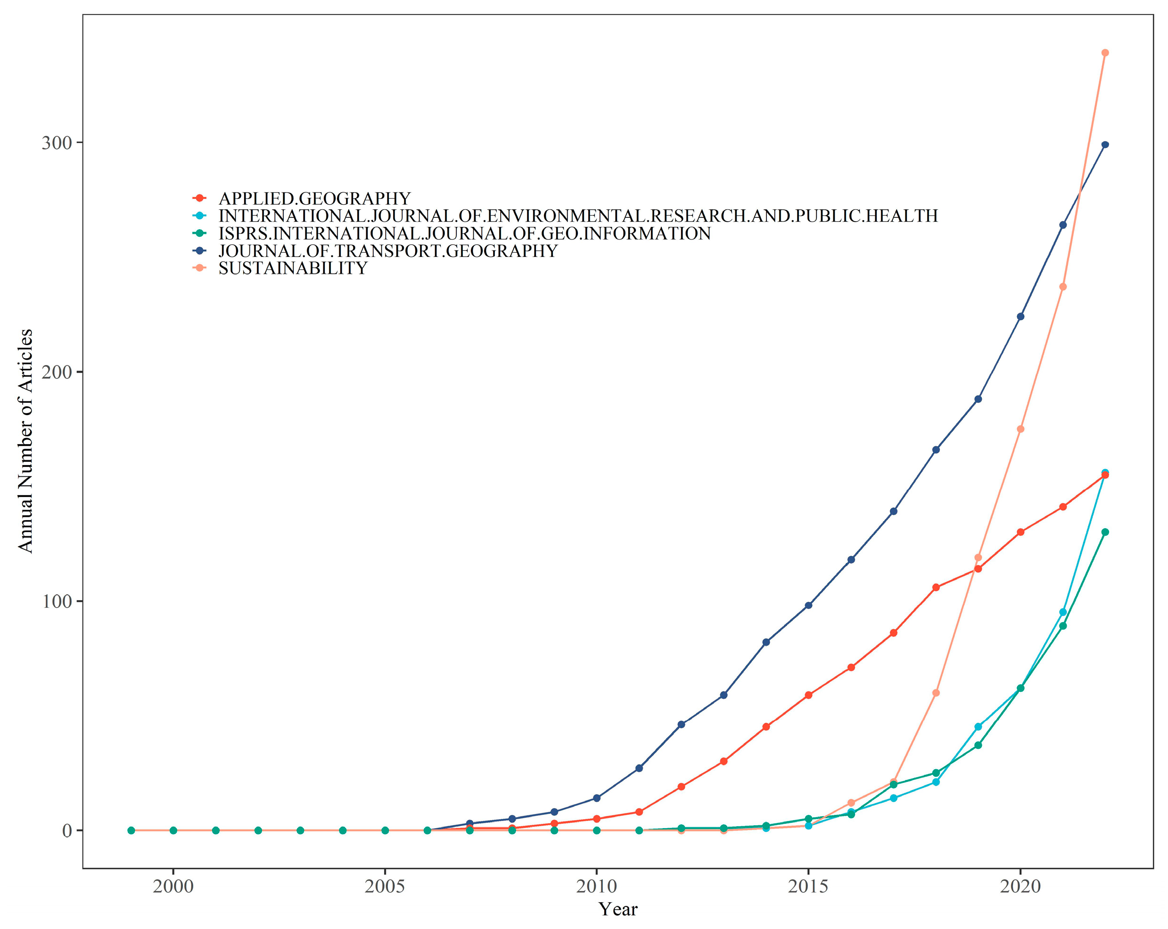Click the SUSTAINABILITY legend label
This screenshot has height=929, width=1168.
[x=293, y=268]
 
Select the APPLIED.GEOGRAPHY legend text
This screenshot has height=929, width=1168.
[x=314, y=199]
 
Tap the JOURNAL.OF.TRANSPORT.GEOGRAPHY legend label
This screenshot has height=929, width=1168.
[x=387, y=251]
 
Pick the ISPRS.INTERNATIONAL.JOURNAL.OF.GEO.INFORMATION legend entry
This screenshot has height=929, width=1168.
[x=464, y=233]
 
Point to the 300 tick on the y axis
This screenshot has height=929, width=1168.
[x=57, y=143]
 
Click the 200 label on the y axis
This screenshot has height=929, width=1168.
[x=57, y=373]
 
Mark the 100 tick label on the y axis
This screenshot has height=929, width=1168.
[x=57, y=602]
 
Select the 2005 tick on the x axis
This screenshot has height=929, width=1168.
[x=385, y=887]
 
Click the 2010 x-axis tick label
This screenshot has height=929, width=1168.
[x=596, y=887]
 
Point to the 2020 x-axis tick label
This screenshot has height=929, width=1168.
[x=1020, y=887]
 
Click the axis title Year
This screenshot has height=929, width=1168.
[x=617, y=909]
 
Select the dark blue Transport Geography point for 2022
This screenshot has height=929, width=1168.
[x=1105, y=145]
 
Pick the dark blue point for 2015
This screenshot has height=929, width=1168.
[x=808, y=606]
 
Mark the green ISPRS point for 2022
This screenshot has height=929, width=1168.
[x=1105, y=532]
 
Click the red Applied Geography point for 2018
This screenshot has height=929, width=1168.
[x=936, y=588]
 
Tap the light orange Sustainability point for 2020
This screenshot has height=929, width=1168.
[x=1020, y=429]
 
